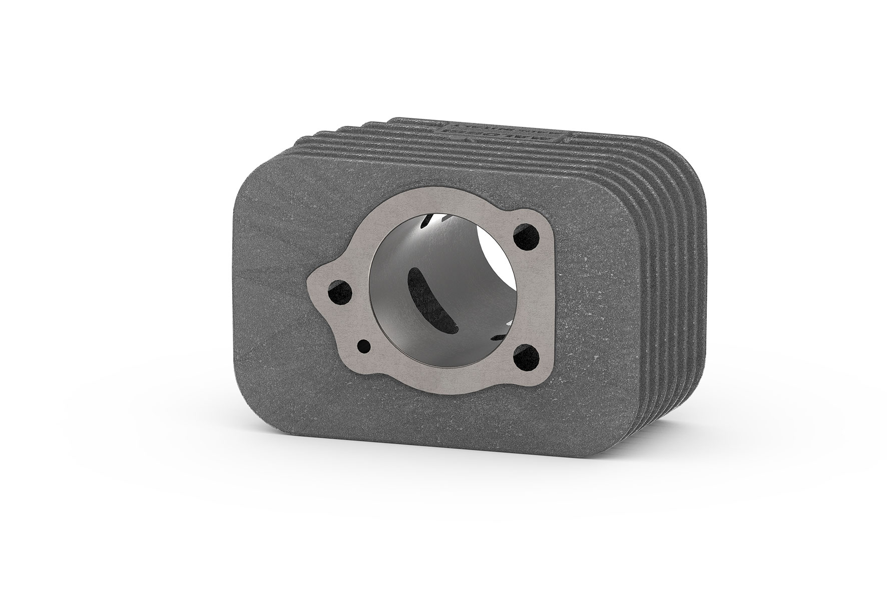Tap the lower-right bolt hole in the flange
tap(523, 357)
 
